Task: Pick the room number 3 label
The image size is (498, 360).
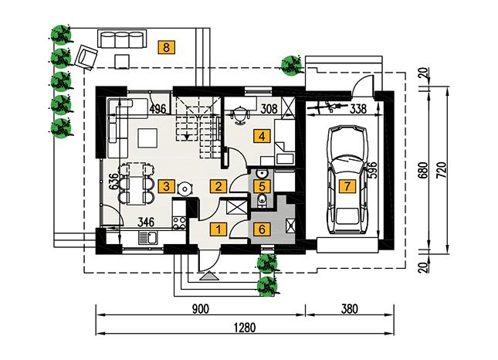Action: tap(165, 185)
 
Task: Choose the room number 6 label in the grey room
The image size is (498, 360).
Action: tap(263, 229)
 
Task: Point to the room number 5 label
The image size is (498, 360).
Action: tap(263, 185)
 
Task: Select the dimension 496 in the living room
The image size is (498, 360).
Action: tap(159, 107)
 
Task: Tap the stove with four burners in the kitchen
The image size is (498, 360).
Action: tap(178, 225)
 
